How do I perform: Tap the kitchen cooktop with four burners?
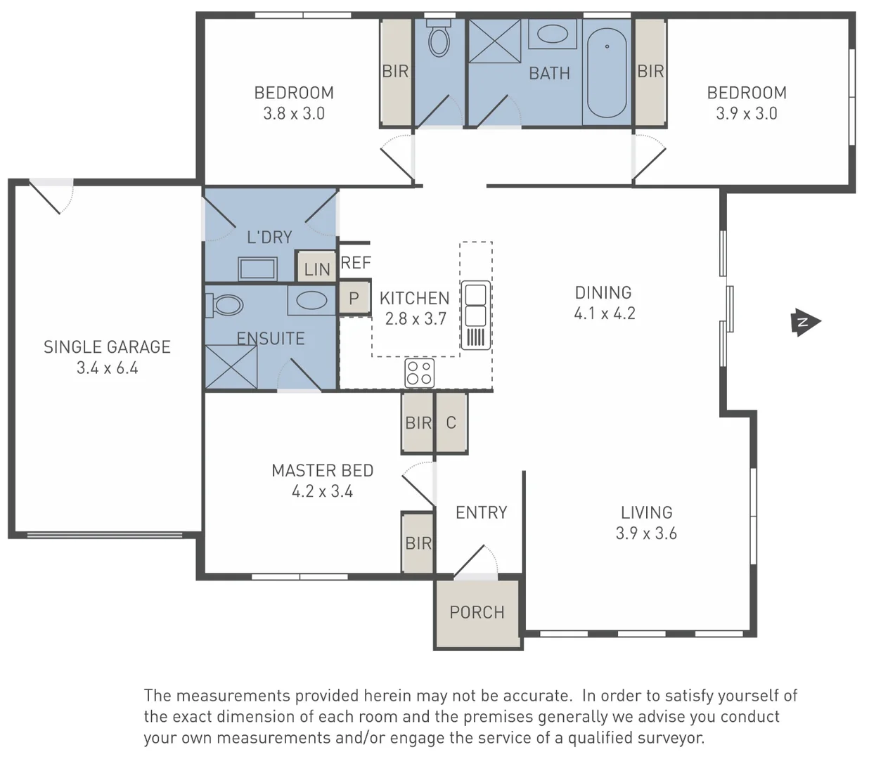point(419,372)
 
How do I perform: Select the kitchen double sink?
point(475,304)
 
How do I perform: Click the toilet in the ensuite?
point(225,305)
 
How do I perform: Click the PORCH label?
point(477,613)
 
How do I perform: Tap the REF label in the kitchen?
point(356,263)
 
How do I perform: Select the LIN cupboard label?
point(316,268)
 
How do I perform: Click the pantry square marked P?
point(354,299)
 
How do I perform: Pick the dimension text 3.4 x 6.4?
point(107,368)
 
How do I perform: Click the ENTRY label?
point(482,512)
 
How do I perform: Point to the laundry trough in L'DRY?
point(257,269)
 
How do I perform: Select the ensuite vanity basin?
point(311,301)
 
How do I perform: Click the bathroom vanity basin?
point(554,34)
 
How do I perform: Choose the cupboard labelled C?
point(451,422)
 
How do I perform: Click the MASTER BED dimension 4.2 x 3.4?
point(322,491)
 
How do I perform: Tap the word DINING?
point(603,292)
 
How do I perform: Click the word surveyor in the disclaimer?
point(669,738)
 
